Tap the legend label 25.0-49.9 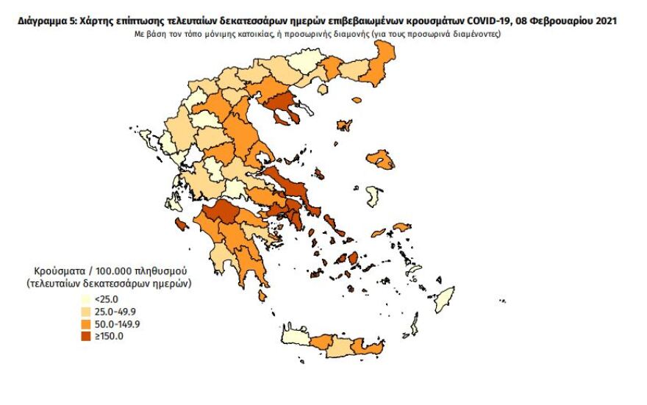[x=110, y=312]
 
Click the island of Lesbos [x=380, y=159]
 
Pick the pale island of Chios [x=373, y=196]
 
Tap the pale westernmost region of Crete [x=295, y=335]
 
